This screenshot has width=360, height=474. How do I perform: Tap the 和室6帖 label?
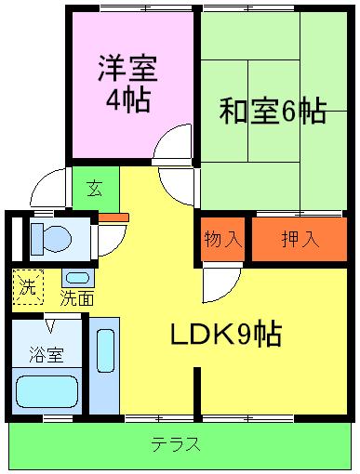(272, 112)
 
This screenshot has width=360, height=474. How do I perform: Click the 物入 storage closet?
(222, 238)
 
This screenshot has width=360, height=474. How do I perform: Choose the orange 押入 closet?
(300, 238)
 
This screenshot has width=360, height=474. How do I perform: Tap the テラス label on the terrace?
(177, 444)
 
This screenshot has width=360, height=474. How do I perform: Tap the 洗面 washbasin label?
(77, 298)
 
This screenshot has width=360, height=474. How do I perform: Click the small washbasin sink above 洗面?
(76, 277)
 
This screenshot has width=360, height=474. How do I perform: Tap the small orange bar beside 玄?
(114, 217)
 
